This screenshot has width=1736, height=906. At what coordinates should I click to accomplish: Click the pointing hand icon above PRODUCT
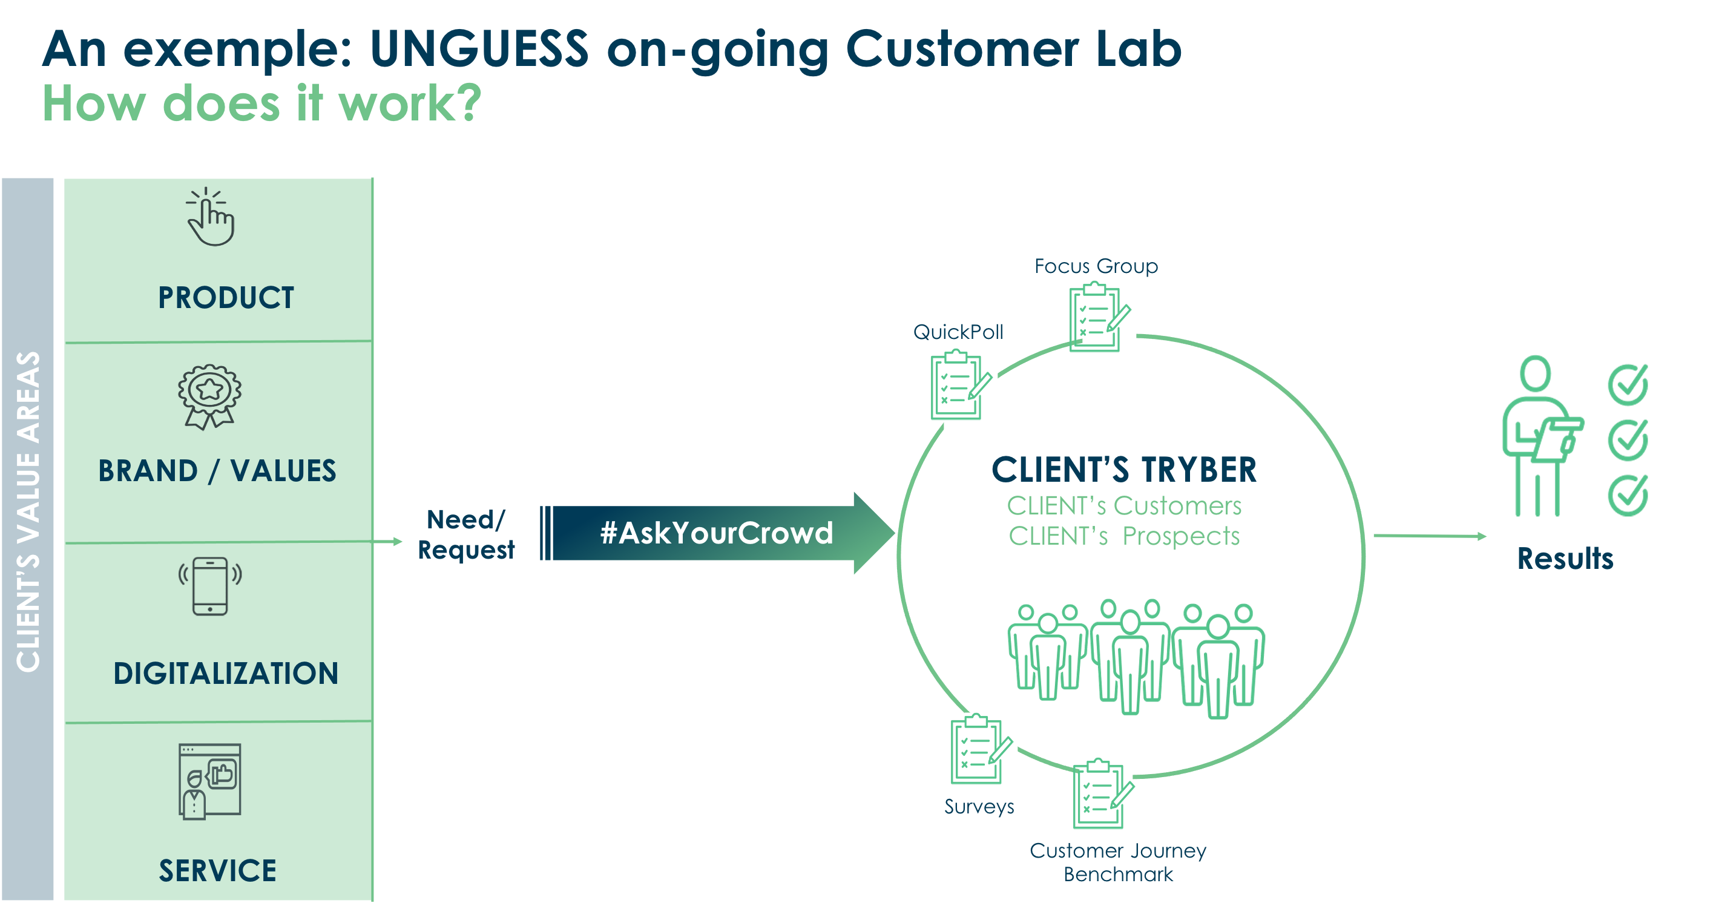coord(211,216)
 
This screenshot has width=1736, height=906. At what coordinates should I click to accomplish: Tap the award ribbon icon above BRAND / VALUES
coord(209,397)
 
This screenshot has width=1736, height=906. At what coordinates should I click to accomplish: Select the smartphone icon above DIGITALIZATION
coord(210,586)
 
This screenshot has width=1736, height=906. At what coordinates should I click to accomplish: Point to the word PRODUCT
coord(226,298)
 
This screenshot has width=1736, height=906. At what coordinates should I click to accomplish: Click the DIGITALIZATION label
coord(226,673)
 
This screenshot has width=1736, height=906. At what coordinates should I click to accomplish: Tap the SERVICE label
coord(218,870)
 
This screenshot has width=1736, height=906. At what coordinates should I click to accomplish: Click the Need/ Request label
coord(465,535)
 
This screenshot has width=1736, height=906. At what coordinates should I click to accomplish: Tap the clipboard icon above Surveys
coord(981,749)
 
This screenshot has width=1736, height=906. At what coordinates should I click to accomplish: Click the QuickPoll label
coord(958,332)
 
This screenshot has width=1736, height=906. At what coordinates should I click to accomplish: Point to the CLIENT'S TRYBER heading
coord(1124,470)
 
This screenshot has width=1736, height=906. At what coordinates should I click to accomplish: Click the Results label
coord(1565,559)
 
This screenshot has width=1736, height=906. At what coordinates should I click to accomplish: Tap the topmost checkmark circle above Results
coord(1628,385)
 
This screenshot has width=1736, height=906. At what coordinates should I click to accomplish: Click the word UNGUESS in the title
coord(479,48)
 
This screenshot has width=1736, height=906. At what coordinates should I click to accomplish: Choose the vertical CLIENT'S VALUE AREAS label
coord(28,512)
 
